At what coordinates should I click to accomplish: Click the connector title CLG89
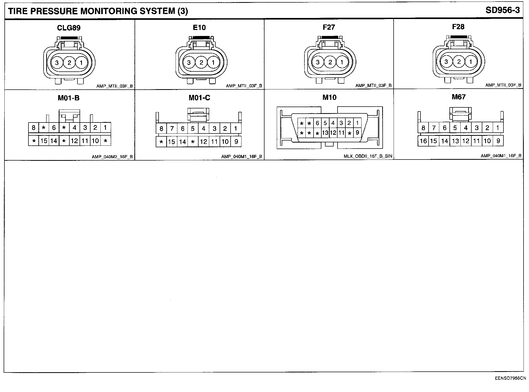pos(69,28)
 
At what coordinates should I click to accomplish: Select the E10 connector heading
pos(199,27)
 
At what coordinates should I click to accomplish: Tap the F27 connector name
pos(329,27)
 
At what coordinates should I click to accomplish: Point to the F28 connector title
pos(458,27)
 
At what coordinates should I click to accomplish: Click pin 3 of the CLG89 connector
pos(57,63)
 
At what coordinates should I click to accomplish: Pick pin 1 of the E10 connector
pos(213,63)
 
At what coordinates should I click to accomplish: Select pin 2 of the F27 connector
pos(330,62)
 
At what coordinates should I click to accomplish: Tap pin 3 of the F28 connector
pos(446,62)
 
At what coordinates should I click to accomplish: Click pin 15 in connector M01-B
pos(44,141)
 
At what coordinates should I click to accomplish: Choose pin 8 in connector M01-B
pos(33,128)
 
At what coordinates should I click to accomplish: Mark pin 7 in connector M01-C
pos(172,128)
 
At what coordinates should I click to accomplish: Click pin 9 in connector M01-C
pos(236,142)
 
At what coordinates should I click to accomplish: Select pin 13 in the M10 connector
pos(325,133)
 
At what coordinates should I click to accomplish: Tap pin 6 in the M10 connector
pos(317,123)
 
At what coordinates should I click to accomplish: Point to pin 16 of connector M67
pos(423,141)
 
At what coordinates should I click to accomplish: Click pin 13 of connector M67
pos(455,141)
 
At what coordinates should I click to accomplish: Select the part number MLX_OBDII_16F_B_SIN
pos(368,156)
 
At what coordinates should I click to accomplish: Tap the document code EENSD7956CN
pos(510,378)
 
